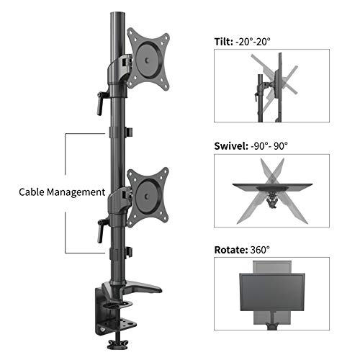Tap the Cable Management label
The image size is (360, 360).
pyautogui.click(x=62, y=192)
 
